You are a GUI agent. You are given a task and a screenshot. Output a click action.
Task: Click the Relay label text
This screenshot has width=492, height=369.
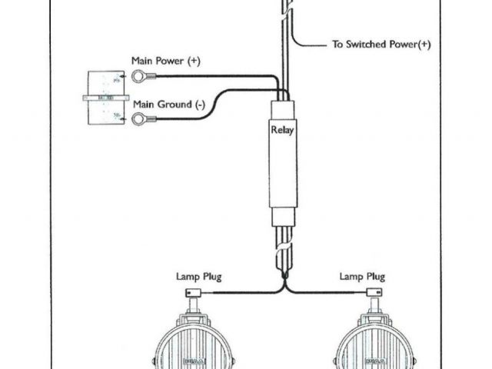pos(282,130)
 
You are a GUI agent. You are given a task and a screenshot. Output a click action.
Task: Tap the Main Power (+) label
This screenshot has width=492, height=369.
pos(165,60)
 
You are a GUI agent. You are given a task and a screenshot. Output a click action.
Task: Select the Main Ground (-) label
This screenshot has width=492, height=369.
pos(168,104)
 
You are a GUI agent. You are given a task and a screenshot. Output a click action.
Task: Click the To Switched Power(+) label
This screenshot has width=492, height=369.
pos(381,45)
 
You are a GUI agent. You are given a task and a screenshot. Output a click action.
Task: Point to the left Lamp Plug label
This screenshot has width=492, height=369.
pos(198,276)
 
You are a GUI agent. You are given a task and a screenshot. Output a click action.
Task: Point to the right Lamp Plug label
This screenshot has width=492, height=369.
pos(363,276)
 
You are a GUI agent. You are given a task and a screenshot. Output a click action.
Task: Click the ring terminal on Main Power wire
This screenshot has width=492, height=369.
pos(139,75)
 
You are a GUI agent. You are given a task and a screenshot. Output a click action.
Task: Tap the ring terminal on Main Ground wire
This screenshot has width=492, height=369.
pos(139,118)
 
